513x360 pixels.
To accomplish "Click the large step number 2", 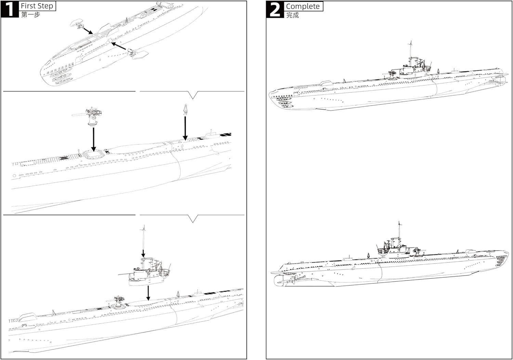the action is [x=275, y=10].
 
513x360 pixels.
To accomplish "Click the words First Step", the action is [x=37, y=6].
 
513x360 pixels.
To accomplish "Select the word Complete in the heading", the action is [x=303, y=6].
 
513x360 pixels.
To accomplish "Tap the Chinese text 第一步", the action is [x=30, y=14].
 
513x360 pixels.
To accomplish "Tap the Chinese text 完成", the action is [x=292, y=15].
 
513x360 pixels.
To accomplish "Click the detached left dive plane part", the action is [x=77, y=23].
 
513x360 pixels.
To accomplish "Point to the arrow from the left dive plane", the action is [x=88, y=31].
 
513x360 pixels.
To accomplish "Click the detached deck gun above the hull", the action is [x=88, y=116].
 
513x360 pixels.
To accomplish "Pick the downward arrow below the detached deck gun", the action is [x=93, y=139].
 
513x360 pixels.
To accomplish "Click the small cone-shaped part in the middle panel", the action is [x=185, y=109].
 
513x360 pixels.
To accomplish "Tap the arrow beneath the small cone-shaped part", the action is [x=185, y=128].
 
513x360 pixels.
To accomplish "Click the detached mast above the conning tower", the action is [x=143, y=237].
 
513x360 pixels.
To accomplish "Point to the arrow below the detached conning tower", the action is [x=148, y=293].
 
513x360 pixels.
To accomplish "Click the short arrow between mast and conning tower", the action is [x=143, y=254].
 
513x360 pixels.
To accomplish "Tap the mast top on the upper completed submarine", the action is [x=410, y=43].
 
